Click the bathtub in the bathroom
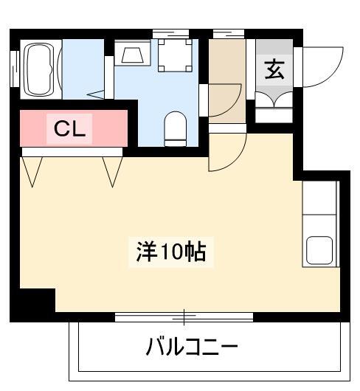(x=41, y=69)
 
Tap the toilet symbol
(x=176, y=129)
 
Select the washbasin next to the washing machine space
(x=132, y=52)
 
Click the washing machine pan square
(x=175, y=55)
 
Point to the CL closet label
(x=69, y=128)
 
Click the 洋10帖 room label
(x=171, y=252)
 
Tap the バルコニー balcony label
(x=192, y=346)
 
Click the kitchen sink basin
(x=319, y=250)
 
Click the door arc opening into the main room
(x=235, y=159)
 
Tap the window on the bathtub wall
(x=15, y=69)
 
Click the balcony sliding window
(x=184, y=317)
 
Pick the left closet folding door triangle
(x=32, y=172)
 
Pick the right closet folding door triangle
(x=112, y=172)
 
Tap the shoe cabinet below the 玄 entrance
(x=274, y=108)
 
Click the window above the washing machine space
(x=170, y=34)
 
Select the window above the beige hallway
(x=229, y=34)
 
